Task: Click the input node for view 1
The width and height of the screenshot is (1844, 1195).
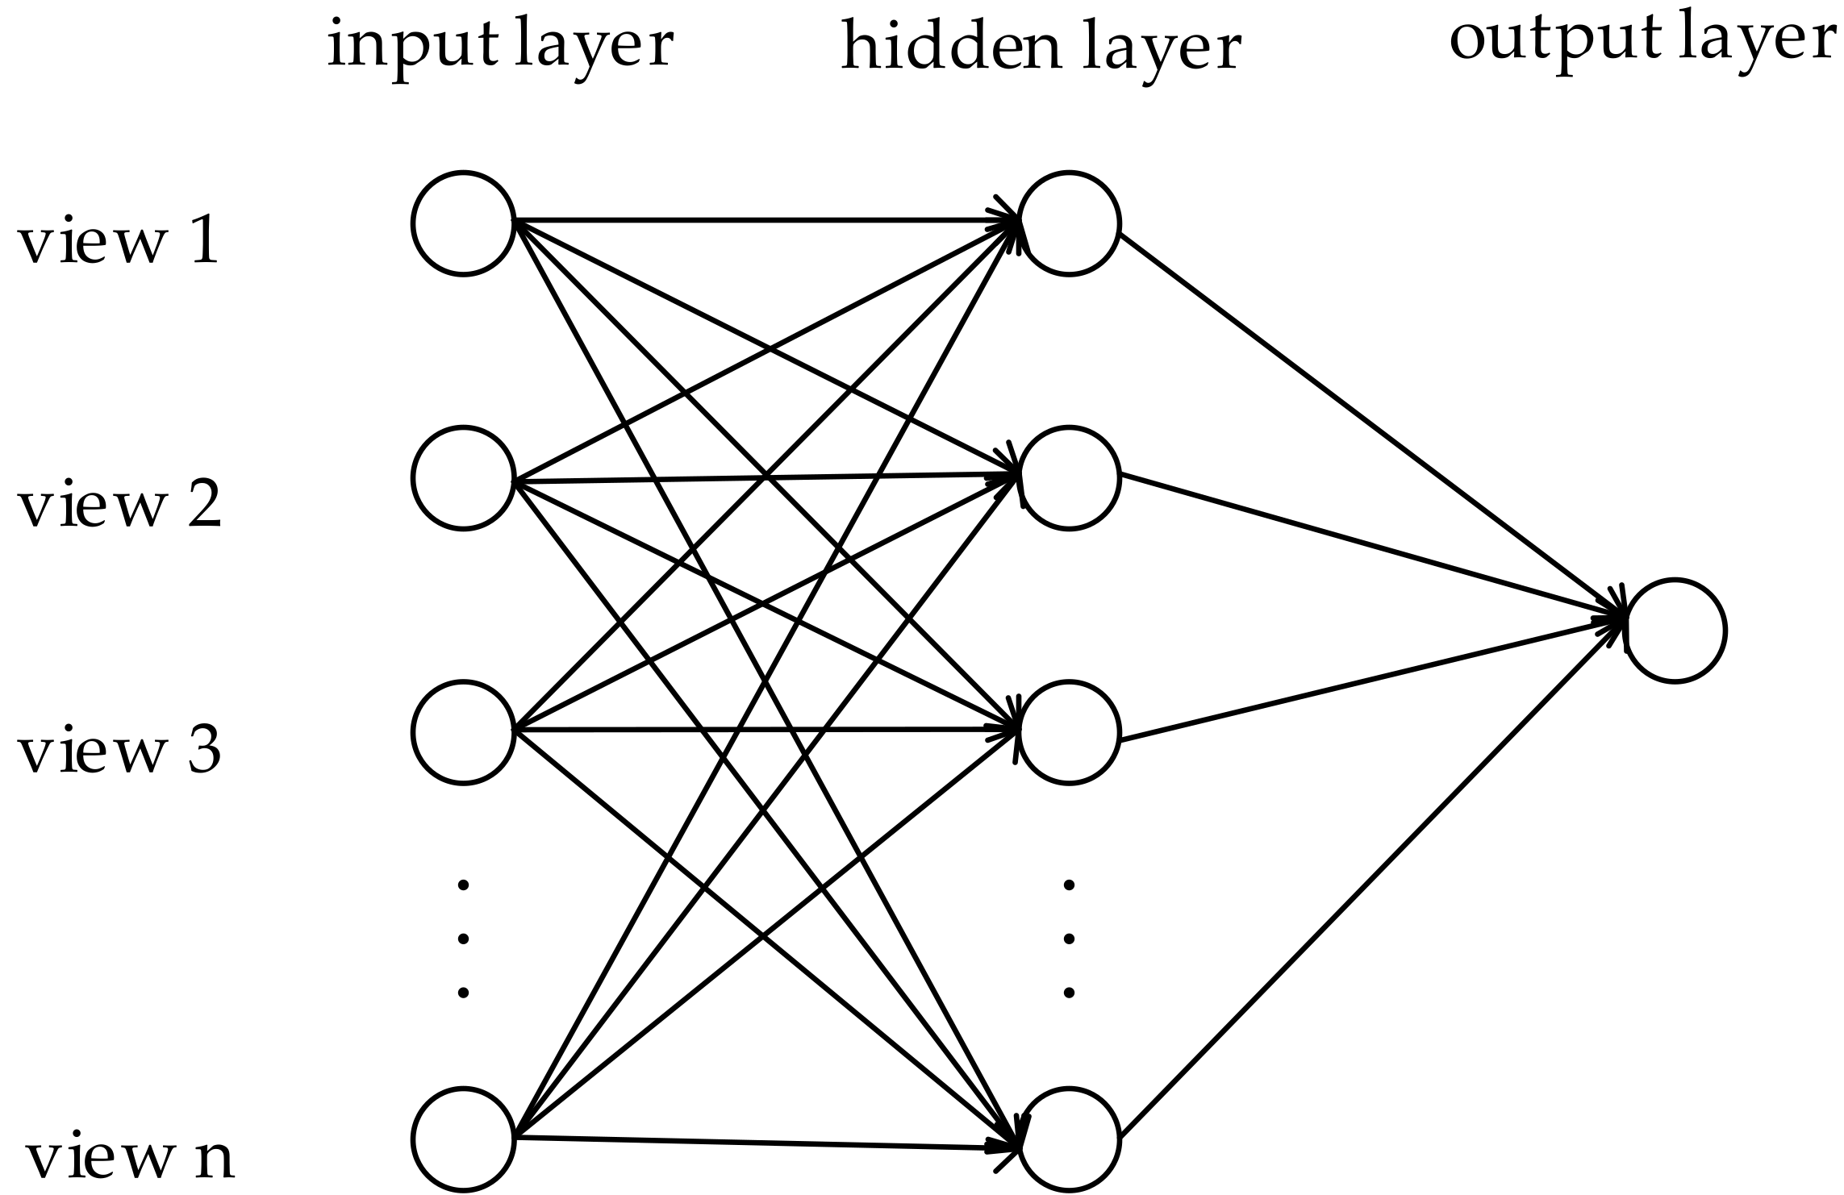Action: (x=463, y=223)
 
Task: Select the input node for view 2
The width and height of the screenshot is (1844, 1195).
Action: (x=463, y=478)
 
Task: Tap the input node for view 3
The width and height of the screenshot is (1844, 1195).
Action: (x=463, y=732)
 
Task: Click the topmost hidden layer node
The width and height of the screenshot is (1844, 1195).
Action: (x=1069, y=223)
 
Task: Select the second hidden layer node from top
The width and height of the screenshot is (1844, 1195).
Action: (x=1069, y=478)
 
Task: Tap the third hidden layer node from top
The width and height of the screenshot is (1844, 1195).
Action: (x=1069, y=732)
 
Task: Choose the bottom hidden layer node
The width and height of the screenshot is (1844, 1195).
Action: (x=1069, y=1139)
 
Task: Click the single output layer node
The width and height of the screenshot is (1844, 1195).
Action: (x=1675, y=631)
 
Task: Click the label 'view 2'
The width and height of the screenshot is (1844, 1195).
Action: (x=119, y=506)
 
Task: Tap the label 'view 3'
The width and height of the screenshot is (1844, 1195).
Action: (x=119, y=752)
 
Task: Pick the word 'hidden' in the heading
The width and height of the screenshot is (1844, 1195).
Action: (x=950, y=48)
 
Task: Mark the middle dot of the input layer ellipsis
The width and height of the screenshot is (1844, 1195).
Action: (x=463, y=939)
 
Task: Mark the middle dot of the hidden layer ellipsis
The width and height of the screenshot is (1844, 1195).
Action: (x=1070, y=939)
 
